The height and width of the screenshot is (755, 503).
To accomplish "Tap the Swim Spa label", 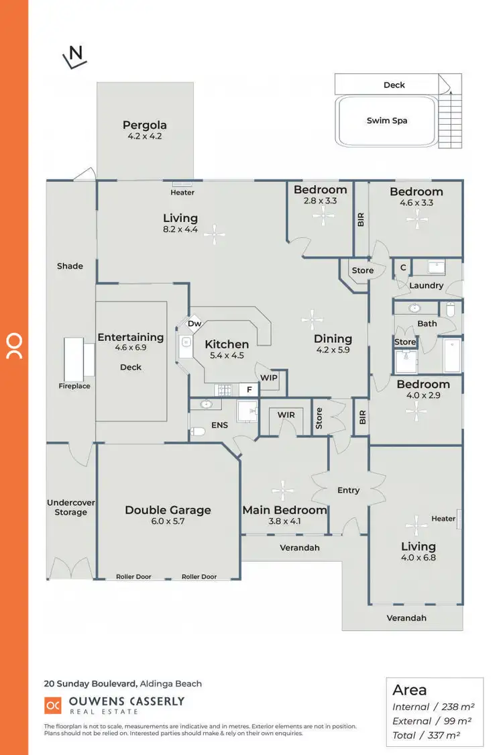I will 387,121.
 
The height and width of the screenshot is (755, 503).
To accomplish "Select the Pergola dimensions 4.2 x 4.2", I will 145,136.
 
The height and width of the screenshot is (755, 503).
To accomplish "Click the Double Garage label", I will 168,510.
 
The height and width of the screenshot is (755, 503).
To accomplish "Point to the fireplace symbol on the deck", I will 78,357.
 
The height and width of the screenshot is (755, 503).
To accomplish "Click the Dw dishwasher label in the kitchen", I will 194,323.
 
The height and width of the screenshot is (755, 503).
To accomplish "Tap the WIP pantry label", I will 269,378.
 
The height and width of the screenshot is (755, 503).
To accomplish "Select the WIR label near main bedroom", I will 286,415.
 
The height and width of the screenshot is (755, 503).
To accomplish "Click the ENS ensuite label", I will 219,425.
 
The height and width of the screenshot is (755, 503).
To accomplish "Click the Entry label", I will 348,491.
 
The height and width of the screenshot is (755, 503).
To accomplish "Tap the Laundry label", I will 427,285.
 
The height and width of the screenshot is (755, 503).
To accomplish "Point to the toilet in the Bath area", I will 450,309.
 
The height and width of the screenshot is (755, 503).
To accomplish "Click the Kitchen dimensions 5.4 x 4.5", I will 227,356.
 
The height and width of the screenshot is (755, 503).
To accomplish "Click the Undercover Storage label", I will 71,507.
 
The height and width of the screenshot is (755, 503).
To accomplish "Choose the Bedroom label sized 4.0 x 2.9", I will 423,385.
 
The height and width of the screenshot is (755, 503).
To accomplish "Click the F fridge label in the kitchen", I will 249,389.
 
